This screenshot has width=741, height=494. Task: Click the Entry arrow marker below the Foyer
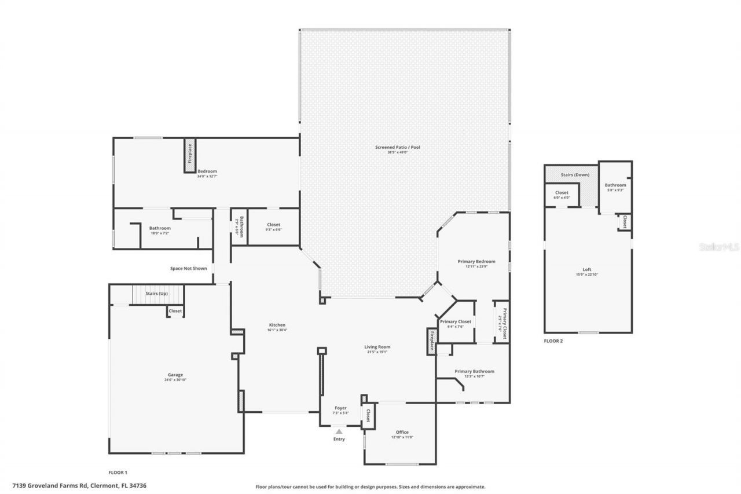339,431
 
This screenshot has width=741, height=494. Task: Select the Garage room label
175,375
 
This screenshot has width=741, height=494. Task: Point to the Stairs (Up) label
156,294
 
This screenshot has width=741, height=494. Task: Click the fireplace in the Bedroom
189,155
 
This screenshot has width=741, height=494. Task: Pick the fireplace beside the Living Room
431,341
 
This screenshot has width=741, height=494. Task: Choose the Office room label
402,432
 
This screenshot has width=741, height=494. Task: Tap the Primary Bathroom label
474,371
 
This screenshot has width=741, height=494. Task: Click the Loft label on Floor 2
587,269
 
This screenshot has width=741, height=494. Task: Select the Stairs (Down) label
574,174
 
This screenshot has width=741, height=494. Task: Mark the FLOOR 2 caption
553,341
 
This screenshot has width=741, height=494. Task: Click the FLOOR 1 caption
118,473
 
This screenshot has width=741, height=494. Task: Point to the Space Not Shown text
188,268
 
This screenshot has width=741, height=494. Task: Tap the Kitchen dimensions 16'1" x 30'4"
277,330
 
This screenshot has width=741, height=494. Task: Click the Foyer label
341,408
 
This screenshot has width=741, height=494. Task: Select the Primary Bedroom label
476,261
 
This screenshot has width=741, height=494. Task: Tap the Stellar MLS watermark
720,247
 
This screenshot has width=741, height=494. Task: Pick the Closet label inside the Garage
175,311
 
